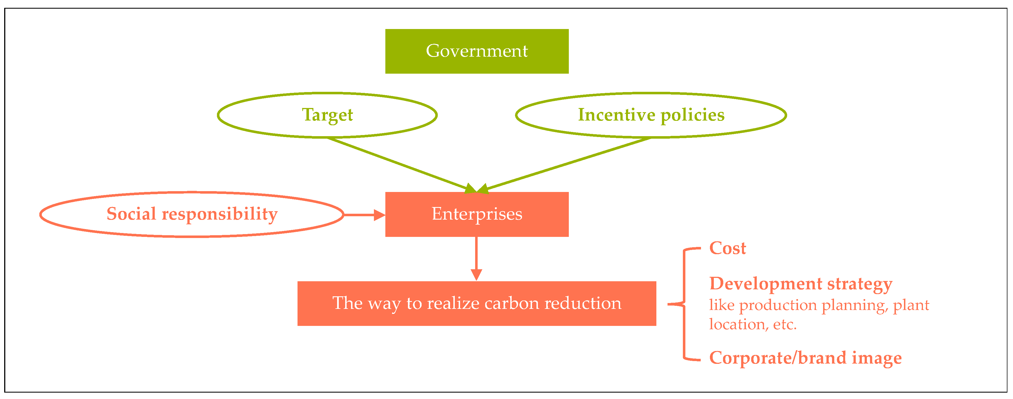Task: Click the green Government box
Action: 477,51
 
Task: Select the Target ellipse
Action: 327,115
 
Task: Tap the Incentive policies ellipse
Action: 651,115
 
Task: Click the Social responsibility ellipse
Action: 192,215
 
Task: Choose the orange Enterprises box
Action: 477,215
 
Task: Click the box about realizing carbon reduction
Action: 477,303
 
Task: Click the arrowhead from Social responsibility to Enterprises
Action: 379,215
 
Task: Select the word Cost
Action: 727,248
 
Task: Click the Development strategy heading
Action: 800,284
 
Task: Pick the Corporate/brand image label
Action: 805,358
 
